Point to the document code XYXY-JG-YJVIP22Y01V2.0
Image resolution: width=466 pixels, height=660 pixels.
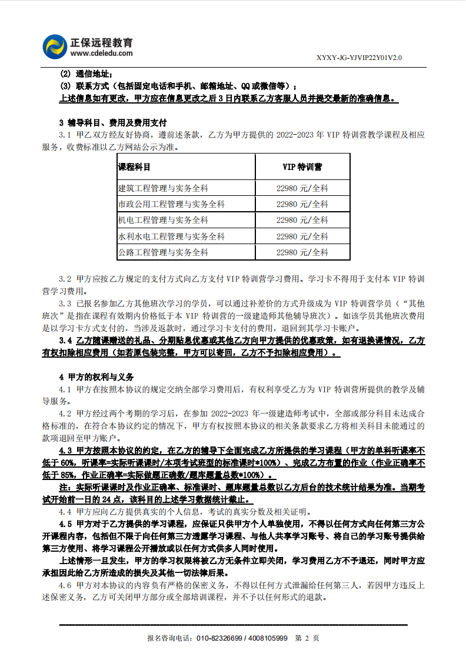[359, 58]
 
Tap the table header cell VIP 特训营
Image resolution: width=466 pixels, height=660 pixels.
[302, 167]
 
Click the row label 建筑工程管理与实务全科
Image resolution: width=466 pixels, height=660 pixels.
[163, 188]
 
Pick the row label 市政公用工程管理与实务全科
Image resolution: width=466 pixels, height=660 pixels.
[171, 204]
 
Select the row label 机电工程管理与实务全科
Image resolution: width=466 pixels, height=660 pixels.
[163, 220]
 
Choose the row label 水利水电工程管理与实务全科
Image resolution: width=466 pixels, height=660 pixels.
[171, 236]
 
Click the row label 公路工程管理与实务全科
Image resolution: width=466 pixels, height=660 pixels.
[163, 252]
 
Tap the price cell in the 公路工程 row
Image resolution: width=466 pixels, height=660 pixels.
[302, 252]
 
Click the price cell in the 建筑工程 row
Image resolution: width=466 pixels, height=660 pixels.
[302, 188]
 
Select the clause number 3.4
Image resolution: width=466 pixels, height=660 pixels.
[65, 341]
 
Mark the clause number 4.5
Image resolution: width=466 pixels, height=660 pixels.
[65, 522]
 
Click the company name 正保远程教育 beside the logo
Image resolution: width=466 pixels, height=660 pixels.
[101, 42]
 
